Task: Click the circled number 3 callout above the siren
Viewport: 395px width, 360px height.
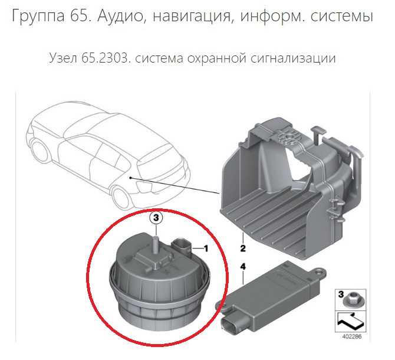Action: click(156, 218)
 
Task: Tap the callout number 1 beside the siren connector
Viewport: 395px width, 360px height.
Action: click(206, 248)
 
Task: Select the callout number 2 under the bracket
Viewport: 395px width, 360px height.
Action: click(243, 248)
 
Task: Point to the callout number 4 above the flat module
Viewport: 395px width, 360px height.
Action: click(243, 267)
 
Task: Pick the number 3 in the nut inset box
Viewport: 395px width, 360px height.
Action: click(341, 294)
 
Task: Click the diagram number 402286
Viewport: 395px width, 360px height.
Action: click(352, 337)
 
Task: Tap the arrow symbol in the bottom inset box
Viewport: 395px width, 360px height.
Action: click(350, 321)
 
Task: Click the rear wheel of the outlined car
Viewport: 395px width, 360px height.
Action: click(40, 151)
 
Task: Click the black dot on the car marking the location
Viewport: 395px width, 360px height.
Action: click(130, 178)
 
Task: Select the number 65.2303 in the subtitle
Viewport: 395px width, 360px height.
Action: click(104, 58)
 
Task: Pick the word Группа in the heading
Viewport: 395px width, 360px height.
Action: click(38, 17)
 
